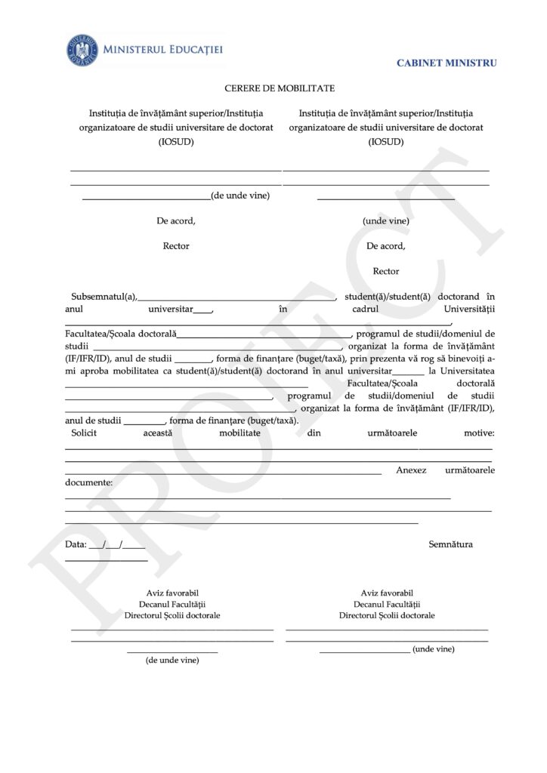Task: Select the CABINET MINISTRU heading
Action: pyautogui.click(x=447, y=63)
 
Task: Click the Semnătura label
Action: pyautogui.click(x=450, y=544)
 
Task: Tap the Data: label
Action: pyautogui.click(x=76, y=544)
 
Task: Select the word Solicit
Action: pyautogui.click(x=84, y=434)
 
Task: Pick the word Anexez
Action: pyautogui.click(x=411, y=470)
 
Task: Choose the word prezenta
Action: pyautogui.click(x=390, y=359)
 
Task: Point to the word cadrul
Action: pyautogui.click(x=367, y=309)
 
